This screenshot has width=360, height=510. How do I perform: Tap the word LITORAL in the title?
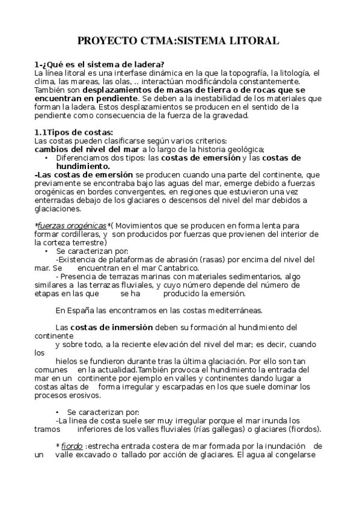point(255,41)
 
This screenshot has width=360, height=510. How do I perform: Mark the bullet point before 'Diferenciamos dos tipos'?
point(46,158)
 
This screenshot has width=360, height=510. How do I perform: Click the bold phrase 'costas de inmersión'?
point(112,327)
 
